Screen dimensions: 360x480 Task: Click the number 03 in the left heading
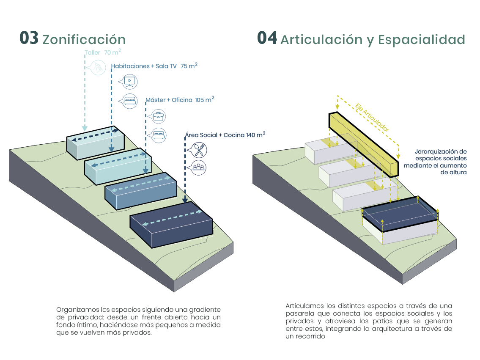pos(29,38)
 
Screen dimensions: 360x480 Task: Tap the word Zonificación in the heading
pos(84,40)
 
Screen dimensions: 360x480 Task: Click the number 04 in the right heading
pos(267,38)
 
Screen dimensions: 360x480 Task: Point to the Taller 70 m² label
pos(103,52)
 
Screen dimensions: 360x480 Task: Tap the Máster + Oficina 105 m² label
pos(180,100)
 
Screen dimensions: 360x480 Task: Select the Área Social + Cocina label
pos(225,135)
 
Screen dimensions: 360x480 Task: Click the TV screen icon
pos(130,81)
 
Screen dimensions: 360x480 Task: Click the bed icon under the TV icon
pos(130,101)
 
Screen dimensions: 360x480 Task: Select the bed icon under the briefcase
pos(158,135)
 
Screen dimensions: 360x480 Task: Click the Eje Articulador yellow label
pos(372,117)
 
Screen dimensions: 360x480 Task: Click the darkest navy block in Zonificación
pos(171,225)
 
